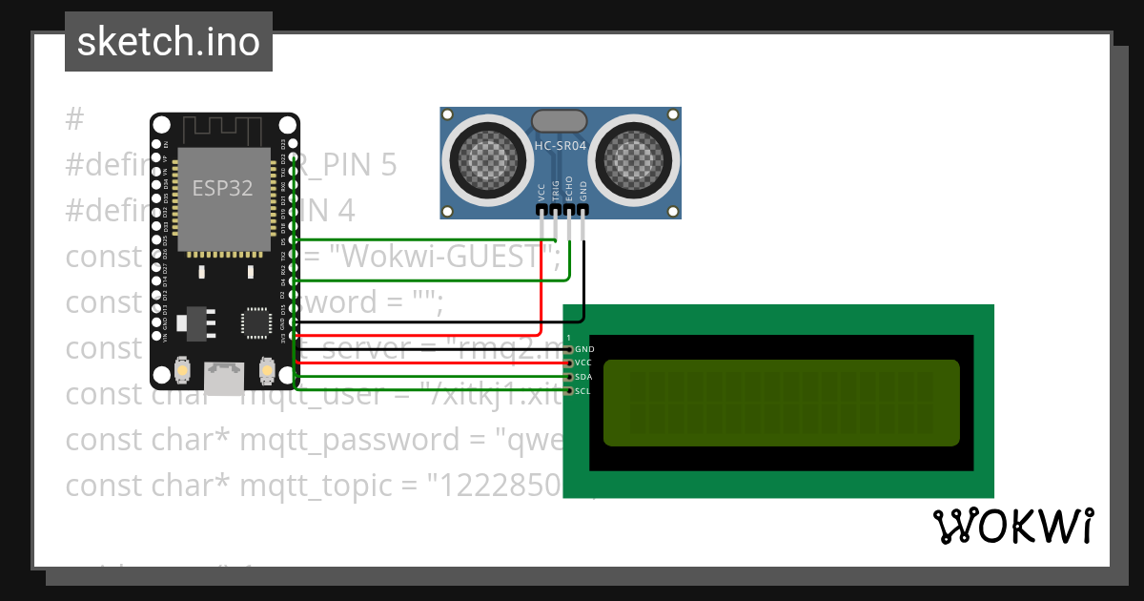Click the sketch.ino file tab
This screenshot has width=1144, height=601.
[169, 42]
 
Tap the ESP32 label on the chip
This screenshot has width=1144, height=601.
[222, 188]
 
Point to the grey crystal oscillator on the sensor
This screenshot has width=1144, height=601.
[560, 120]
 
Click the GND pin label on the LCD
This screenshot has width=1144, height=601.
[584, 349]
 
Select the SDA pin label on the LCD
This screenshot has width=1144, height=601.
[584, 377]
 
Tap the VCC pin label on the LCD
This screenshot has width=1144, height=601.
[584, 363]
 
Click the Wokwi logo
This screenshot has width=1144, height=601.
[1012, 526]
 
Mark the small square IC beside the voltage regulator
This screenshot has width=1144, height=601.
[256, 321]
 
